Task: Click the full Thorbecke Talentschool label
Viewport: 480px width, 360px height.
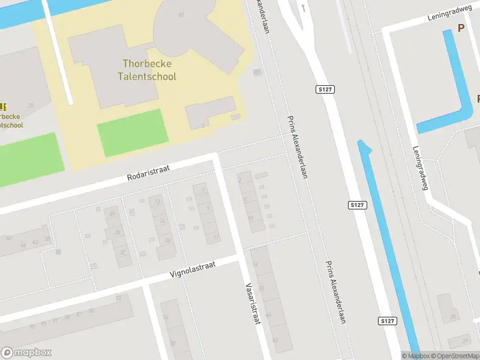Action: (x=149, y=70)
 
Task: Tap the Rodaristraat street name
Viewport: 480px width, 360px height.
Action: (x=148, y=174)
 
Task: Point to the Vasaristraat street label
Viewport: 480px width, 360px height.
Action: (x=253, y=304)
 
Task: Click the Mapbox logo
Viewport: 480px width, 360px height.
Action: (x=26, y=353)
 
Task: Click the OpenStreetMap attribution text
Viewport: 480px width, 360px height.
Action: (x=454, y=356)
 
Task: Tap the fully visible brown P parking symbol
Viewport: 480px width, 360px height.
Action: (x=461, y=28)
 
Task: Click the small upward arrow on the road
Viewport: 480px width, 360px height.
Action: (x=304, y=8)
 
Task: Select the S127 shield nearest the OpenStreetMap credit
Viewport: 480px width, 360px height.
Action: (x=388, y=322)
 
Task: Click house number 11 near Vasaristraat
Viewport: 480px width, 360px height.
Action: (x=216, y=238)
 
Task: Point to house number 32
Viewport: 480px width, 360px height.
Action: (x=122, y=253)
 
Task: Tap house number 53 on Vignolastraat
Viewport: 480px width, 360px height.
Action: (x=118, y=298)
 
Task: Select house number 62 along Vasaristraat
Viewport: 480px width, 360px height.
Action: (x=275, y=340)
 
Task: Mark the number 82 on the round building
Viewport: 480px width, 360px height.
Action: (x=181, y=14)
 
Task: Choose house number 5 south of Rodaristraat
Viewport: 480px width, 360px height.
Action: (x=208, y=208)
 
